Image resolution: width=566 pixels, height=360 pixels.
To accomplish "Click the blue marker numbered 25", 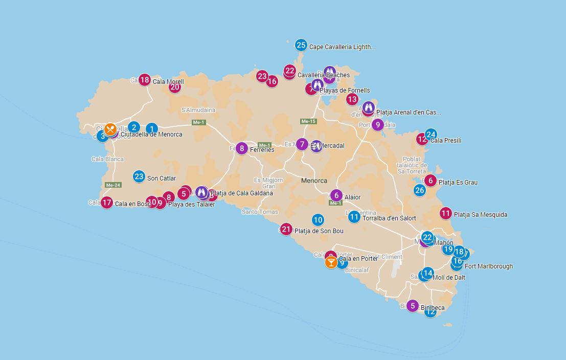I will (301, 45).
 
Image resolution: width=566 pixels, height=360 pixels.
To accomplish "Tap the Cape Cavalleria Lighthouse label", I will (342, 47).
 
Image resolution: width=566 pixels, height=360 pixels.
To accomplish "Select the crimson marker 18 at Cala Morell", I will (145, 80).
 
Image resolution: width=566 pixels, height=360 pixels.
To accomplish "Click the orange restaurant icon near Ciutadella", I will (110, 129).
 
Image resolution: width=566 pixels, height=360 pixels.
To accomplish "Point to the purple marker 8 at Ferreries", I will (242, 149).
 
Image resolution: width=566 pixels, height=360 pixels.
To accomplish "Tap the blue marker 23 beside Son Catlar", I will (139, 177).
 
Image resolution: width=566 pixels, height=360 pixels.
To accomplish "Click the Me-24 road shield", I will (112, 185).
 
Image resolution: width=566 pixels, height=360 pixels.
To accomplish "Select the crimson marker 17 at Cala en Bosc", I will (106, 202).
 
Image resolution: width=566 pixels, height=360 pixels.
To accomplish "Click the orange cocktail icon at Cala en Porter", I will (331, 263).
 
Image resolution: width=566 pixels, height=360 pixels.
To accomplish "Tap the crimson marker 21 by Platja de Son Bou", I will (286, 229).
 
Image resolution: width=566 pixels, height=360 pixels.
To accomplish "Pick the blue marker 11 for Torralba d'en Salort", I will (354, 217).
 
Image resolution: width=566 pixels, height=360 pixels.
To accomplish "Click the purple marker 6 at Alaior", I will (336, 195).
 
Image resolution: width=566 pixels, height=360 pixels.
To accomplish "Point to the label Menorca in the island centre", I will (314, 181).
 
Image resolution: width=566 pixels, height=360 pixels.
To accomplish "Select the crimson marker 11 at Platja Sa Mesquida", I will (446, 213).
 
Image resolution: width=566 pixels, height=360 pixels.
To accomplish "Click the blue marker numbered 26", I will (420, 190).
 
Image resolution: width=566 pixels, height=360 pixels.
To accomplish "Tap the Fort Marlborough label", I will (488, 266).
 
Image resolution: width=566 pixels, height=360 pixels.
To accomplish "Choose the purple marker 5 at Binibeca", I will (413, 306).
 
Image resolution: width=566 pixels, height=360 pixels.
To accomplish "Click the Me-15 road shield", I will (308, 121).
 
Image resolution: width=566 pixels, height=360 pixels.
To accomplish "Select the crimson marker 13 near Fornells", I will (352, 99).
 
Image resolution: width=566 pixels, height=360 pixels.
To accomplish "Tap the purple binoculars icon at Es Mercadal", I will (316, 146).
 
